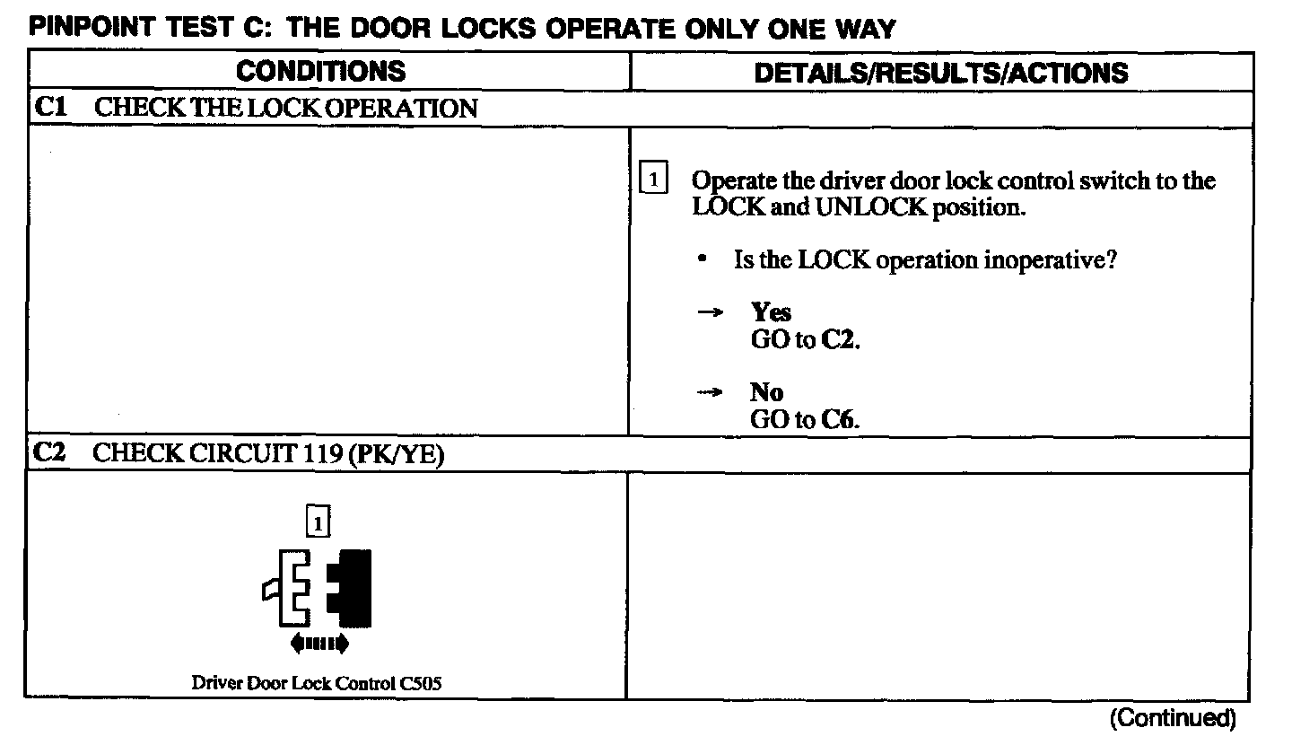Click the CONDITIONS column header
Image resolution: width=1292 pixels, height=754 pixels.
[320, 72]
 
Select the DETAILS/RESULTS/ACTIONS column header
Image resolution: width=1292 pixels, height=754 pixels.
[941, 73]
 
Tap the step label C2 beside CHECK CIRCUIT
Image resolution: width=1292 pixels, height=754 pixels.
[49, 454]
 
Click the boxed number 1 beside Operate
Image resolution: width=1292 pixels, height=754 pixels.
[653, 180]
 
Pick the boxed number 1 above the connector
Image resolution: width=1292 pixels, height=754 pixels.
[318, 521]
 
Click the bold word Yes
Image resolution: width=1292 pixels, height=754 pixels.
[771, 312]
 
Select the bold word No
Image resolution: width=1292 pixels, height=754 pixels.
[766, 392]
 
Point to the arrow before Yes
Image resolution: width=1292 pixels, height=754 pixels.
[711, 313]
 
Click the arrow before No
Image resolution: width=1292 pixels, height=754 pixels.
[711, 393]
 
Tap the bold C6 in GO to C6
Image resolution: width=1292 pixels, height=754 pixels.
[836, 420]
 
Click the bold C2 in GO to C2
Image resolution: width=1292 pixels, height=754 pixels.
[840, 340]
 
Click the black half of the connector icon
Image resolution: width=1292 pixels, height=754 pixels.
[351, 588]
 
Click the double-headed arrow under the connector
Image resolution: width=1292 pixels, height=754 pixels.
[319, 643]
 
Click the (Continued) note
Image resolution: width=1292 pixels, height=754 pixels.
[1173, 718]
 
